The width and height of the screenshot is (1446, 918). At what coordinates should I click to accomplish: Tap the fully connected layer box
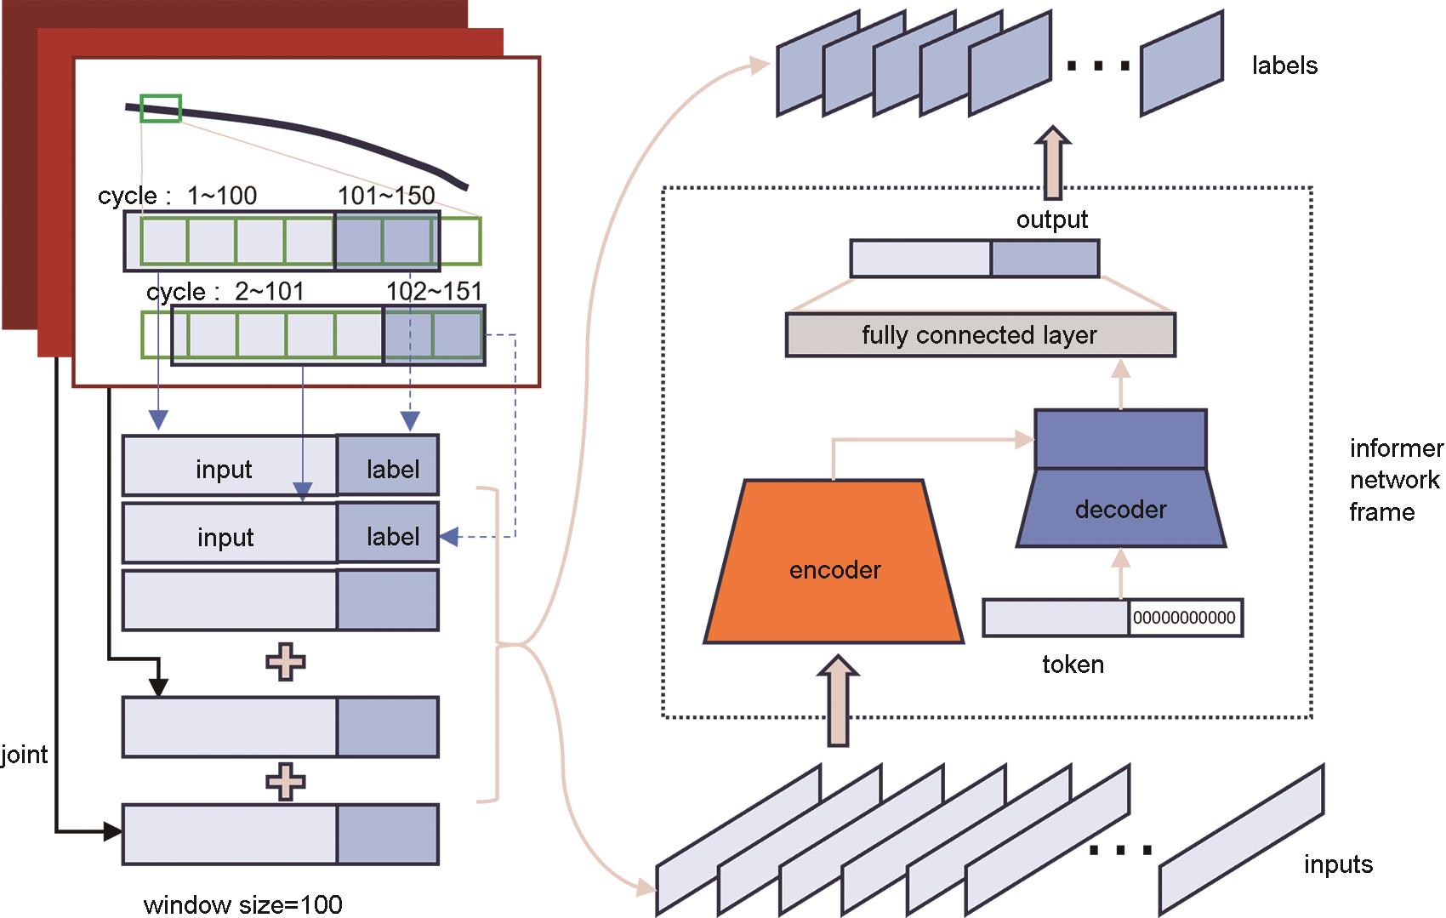click(980, 335)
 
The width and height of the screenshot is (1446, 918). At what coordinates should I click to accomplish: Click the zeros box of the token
click(1185, 619)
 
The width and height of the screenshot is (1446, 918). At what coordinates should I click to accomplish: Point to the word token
click(1073, 664)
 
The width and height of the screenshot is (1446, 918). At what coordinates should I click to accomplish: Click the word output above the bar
click(1052, 220)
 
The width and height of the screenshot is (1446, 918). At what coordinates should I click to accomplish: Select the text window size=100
click(243, 904)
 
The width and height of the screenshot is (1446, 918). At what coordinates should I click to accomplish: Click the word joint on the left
click(25, 755)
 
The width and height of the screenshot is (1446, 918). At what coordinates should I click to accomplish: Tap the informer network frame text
click(1395, 480)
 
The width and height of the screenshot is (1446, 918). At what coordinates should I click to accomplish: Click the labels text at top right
click(1284, 66)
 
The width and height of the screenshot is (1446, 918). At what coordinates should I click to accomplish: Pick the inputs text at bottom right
click(1338, 864)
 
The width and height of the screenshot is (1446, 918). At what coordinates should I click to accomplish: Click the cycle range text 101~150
click(386, 196)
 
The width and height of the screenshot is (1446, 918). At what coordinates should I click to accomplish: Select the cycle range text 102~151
click(434, 292)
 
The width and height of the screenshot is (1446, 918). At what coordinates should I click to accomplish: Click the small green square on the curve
click(161, 108)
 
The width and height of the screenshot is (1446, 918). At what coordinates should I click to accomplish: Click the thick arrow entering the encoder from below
click(839, 701)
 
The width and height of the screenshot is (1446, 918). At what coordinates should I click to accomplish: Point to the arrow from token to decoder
click(1121, 573)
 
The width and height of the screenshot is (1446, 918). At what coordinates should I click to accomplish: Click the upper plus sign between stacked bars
click(286, 662)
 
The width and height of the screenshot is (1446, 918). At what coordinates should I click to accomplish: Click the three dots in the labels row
click(1098, 66)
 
